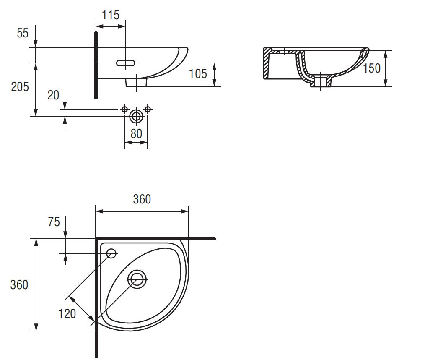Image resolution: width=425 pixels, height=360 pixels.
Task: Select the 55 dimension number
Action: tap(23, 33)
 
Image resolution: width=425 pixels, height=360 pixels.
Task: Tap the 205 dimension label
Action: tap(20, 87)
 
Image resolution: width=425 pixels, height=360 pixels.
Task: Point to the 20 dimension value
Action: tap(53, 95)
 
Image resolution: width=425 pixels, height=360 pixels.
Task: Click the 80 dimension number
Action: tap(136, 133)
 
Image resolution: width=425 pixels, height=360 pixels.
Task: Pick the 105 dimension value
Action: tap(198, 74)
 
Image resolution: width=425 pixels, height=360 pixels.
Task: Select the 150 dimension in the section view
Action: tap(372, 68)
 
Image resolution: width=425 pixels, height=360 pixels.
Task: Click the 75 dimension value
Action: tap(54, 222)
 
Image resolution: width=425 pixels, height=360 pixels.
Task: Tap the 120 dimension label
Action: tap(67, 313)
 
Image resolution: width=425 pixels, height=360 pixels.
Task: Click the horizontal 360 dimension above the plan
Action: tap(142, 199)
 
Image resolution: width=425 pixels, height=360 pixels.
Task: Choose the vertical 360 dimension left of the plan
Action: tap(19, 285)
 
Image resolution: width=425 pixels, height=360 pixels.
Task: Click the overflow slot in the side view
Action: tap(126, 63)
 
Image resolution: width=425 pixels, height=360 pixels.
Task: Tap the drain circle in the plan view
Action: tap(137, 279)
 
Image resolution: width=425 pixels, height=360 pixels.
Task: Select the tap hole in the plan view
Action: tap(111, 253)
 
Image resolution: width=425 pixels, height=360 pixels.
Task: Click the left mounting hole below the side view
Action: tap(124, 109)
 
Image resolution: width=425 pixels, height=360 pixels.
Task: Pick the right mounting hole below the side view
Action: tap(147, 109)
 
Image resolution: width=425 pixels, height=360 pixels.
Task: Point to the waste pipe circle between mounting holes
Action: tap(136, 116)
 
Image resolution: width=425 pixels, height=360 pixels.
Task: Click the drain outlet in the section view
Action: tap(321, 81)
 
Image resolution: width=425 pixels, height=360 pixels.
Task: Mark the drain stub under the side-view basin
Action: tap(136, 83)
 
